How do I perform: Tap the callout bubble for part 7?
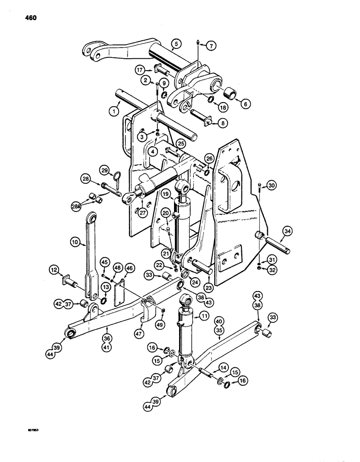pyautogui.click(x=211, y=45)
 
